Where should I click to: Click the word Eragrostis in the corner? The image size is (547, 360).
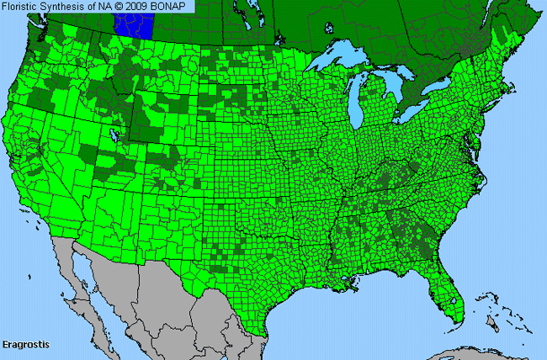pos(28,346)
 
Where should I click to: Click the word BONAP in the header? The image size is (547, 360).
pos(175,7)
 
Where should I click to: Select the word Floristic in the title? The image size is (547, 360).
pos(23,7)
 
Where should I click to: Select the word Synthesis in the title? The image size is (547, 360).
pos(67,7)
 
